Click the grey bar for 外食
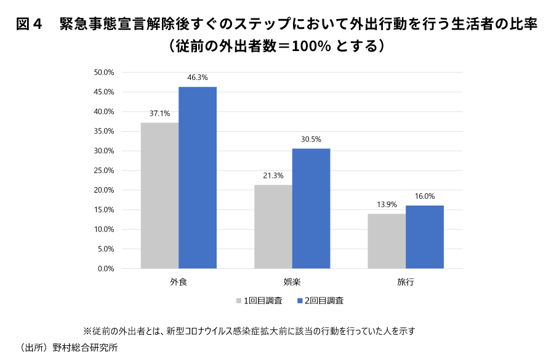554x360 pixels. tap(159, 196)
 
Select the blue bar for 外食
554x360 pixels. tap(198, 178)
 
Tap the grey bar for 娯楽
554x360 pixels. tap(273, 226)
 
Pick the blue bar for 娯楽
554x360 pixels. tap(311, 209)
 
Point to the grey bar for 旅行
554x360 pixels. tap(387, 241)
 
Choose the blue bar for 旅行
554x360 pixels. tap(425, 237)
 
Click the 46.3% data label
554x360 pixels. tap(198, 78)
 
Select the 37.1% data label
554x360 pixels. tap(159, 114)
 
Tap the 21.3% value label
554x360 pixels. tap(273, 175)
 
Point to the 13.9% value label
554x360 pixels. tap(387, 204)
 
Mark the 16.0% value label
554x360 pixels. tap(425, 196)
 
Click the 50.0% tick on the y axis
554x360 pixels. tap(104, 73)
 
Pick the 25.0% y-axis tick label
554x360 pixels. tap(104, 170)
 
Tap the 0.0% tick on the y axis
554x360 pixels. tap(106, 269)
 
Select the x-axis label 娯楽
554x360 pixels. tap(292, 282)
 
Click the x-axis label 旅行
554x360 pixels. tap(406, 282)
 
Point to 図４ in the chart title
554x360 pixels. tap(29, 25)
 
